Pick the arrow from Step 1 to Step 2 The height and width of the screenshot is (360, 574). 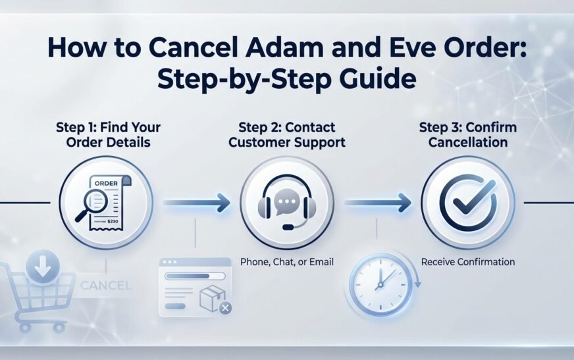196,203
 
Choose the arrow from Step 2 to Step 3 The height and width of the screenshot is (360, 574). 378,203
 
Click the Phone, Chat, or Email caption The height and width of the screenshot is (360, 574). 287,262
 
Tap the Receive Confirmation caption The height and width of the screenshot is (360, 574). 468,262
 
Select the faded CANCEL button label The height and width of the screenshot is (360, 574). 105,286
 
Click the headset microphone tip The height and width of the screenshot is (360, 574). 288,227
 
